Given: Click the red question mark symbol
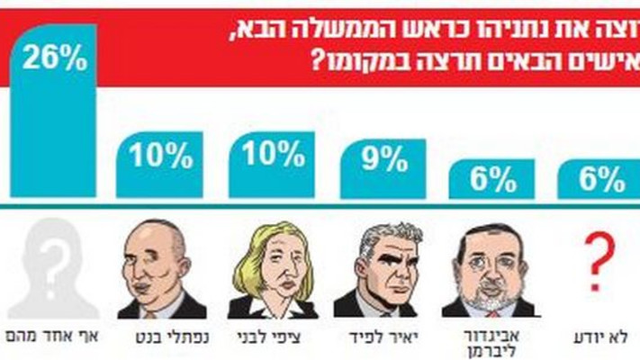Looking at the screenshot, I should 594,262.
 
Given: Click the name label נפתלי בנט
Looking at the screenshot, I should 162,336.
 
